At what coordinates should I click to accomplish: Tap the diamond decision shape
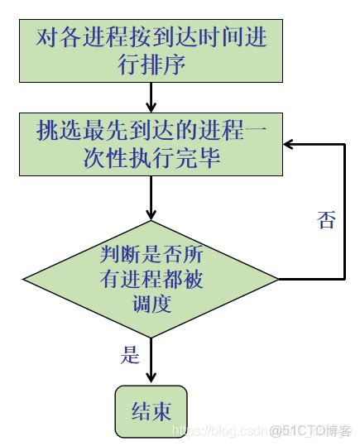point(151,280)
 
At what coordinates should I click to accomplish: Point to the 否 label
point(327,220)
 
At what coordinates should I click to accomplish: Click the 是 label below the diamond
point(131,357)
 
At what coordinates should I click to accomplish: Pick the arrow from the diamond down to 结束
point(151,360)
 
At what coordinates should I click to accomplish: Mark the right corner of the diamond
point(279,280)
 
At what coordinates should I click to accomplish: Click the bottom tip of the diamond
point(151,338)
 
